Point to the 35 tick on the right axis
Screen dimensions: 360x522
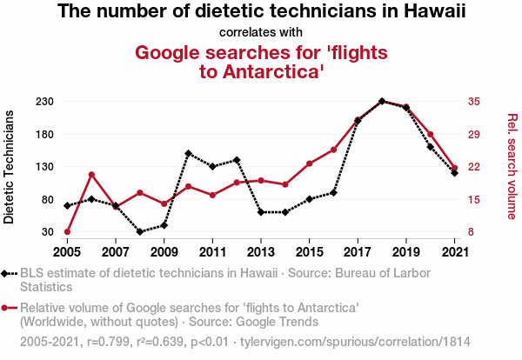click(474, 102)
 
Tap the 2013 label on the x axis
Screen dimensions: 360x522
click(261, 251)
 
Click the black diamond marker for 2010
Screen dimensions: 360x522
click(188, 153)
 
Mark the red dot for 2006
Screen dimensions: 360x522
click(91, 175)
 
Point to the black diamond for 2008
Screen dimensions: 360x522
click(140, 232)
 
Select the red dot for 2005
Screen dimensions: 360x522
click(67, 232)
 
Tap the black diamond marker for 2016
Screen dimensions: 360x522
click(333, 192)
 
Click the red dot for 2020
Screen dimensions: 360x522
click(431, 135)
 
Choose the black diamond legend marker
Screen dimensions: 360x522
click(9, 273)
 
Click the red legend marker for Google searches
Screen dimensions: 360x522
click(9, 308)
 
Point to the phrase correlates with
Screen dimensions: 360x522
click(261, 33)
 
